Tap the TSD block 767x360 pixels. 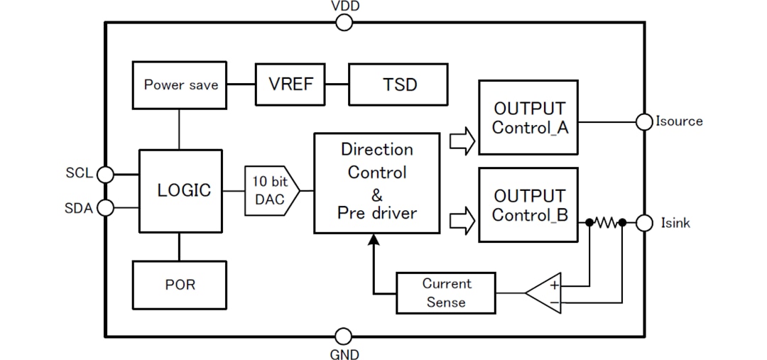tap(398, 84)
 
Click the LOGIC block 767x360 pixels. tap(180, 191)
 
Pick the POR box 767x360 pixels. tap(179, 285)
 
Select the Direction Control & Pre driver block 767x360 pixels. tap(376, 182)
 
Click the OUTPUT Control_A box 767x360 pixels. tap(528, 118)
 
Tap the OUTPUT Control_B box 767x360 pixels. tap(528, 205)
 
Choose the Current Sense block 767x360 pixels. tap(446, 293)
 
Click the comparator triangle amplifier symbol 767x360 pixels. tap(545, 293)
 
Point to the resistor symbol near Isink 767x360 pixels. tap(606, 223)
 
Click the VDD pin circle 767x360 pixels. tap(344, 23)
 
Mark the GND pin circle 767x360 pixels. tap(344, 336)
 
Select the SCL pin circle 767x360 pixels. tap(105, 174)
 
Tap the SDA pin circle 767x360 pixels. tap(105, 207)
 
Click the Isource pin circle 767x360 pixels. tap(644, 121)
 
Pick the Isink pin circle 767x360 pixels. tap(644, 223)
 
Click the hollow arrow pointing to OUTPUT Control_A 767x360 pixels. tap(462, 141)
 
